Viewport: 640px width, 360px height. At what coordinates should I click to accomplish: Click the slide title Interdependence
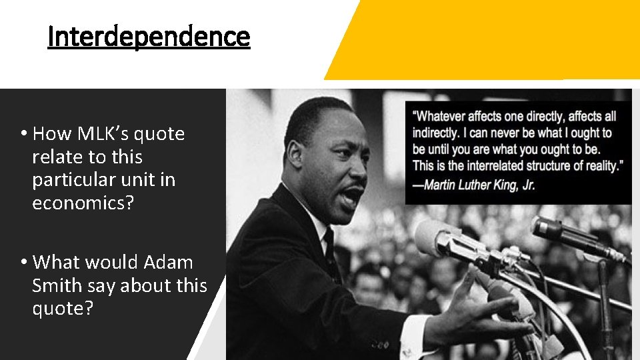(149, 37)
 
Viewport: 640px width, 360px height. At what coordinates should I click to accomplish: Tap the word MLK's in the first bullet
(101, 134)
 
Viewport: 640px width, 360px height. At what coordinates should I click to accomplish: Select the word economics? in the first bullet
(83, 203)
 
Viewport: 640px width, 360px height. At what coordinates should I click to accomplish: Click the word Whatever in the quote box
(443, 117)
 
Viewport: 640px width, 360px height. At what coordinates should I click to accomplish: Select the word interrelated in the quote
(495, 165)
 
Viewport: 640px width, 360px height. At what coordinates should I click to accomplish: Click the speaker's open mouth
(351, 194)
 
